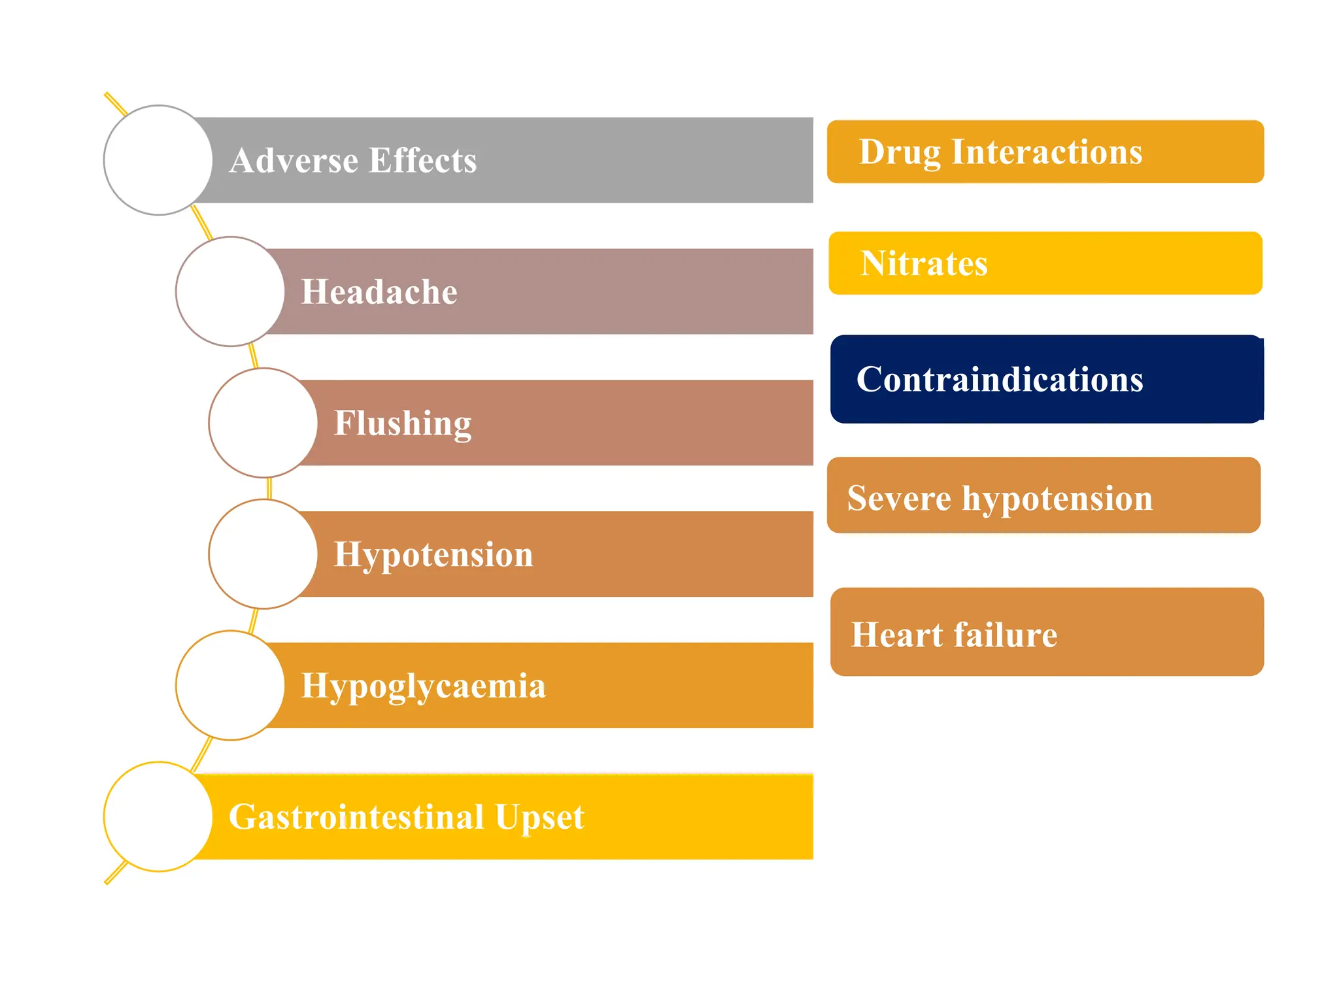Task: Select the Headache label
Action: (379, 292)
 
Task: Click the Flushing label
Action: (402, 423)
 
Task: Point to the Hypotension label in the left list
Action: (433, 554)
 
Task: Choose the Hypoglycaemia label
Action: (423, 686)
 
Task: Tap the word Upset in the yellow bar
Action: (539, 817)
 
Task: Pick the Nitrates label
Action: (923, 263)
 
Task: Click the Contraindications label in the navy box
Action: (1000, 379)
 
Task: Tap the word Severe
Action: (898, 498)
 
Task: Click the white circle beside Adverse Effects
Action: (158, 160)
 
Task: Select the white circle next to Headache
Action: (230, 292)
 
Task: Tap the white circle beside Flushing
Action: (263, 423)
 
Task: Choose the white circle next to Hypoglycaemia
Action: (230, 686)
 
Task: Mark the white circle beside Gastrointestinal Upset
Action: (158, 817)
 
